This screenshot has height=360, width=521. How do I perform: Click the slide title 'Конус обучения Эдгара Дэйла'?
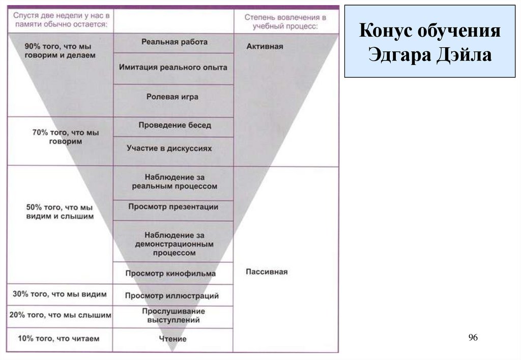coord(430,42)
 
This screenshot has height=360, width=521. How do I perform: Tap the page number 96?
coord(473,338)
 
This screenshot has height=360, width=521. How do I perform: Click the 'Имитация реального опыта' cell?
coord(173,67)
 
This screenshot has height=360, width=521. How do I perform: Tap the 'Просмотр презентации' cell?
coord(173,207)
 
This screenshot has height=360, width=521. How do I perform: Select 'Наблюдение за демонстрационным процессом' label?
coord(173,244)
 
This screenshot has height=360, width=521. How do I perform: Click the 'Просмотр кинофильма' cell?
coord(170,274)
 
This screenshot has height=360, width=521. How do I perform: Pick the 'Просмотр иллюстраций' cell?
coord(172,295)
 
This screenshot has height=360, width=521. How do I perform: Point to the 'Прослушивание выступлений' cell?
coord(173,316)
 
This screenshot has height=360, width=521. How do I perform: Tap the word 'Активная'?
coord(265,46)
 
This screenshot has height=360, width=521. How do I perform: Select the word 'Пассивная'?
coord(267,272)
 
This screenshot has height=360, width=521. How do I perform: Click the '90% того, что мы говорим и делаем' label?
coord(60,50)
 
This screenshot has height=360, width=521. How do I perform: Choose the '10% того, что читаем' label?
coord(59,338)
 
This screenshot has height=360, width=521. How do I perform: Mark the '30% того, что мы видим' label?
coord(60,294)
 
